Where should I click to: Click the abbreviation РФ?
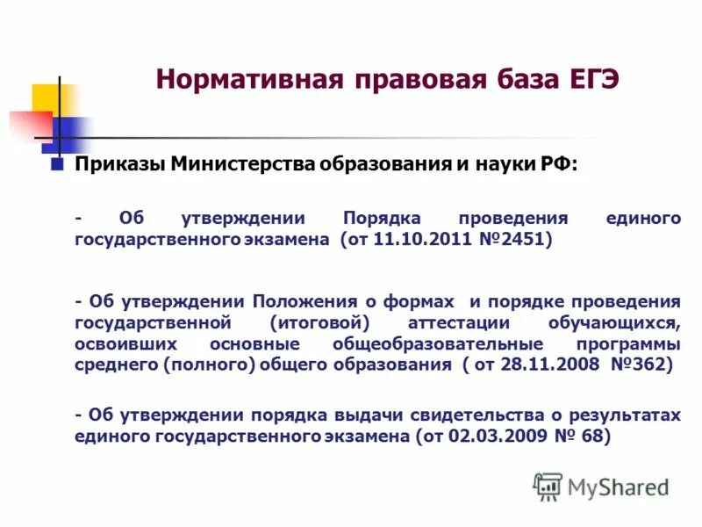tap(557, 165)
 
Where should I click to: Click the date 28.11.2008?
tap(543, 364)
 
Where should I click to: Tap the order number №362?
tap(639, 364)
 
